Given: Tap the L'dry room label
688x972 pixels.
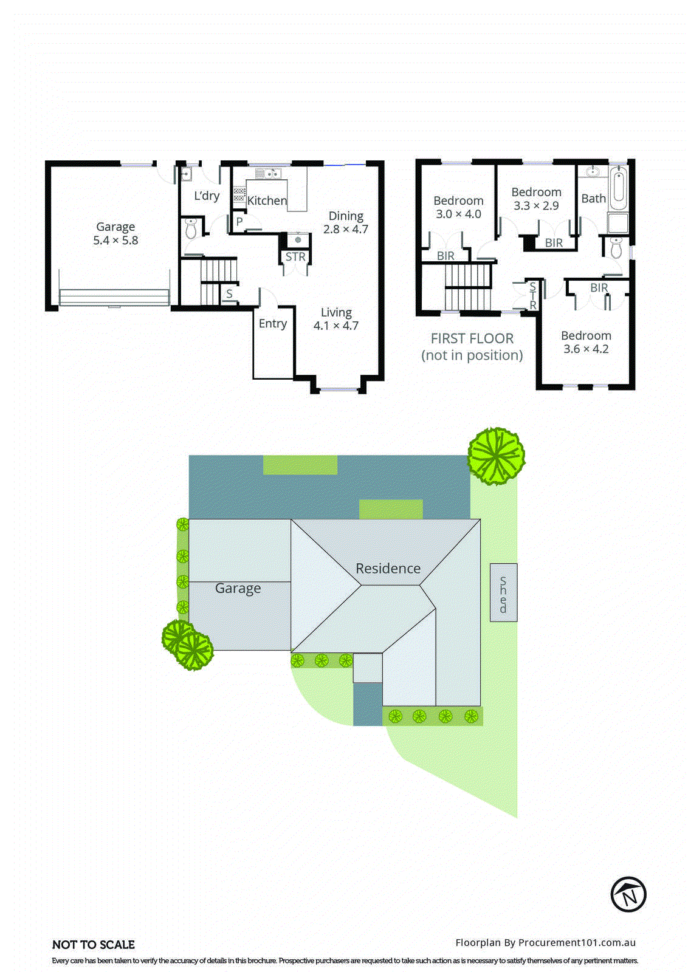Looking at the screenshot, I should coord(207,196).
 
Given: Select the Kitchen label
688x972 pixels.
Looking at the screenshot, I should coord(267,200).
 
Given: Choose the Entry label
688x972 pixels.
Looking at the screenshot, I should coord(272,324).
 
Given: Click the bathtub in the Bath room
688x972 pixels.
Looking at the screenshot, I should coord(618,188).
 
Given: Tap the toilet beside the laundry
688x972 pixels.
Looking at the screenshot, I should coord(191,229).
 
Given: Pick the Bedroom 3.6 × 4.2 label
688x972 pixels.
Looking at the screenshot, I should coord(586,342).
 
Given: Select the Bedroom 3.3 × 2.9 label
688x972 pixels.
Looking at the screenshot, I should coord(536,199).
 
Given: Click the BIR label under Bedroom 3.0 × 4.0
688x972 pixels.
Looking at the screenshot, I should coord(445,256).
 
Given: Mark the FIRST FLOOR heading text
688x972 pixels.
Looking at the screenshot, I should coord(472,338).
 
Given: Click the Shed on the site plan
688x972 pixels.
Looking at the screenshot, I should coord(503,593).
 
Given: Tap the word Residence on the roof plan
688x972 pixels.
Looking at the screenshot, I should coord(388,569).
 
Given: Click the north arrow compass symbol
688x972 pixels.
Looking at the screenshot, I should coord(628,894).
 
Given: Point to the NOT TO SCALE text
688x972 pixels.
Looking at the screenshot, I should coord(94,945).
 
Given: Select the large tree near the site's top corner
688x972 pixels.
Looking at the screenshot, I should coord(496,456).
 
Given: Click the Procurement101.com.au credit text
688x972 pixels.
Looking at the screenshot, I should coord(545,943).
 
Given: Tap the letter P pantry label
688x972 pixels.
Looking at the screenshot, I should coord(239,222).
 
